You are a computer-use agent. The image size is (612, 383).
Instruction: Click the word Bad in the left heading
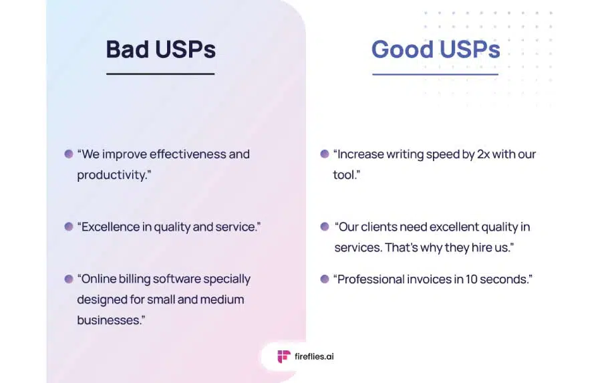[x=128, y=49]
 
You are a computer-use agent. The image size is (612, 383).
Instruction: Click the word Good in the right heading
[x=402, y=49]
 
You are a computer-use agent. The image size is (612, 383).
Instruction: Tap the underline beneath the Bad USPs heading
[x=160, y=74]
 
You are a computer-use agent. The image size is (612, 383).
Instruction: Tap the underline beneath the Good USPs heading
[x=435, y=74]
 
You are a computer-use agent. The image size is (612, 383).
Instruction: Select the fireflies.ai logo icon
[x=284, y=356]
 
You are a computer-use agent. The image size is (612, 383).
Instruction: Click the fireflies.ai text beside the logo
[x=314, y=356]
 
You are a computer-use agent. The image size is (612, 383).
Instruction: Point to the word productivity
[x=112, y=175]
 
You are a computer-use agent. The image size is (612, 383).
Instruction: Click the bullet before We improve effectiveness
[x=69, y=154]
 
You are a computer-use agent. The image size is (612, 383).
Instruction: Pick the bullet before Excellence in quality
[x=69, y=227]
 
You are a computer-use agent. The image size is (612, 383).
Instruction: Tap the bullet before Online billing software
[x=69, y=279]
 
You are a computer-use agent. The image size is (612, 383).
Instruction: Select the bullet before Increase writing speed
[x=324, y=154]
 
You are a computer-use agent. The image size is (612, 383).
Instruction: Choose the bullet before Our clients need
[x=324, y=227]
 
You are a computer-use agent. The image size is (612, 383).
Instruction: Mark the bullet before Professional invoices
[x=324, y=279]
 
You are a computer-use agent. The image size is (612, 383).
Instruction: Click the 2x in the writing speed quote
[x=483, y=154]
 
